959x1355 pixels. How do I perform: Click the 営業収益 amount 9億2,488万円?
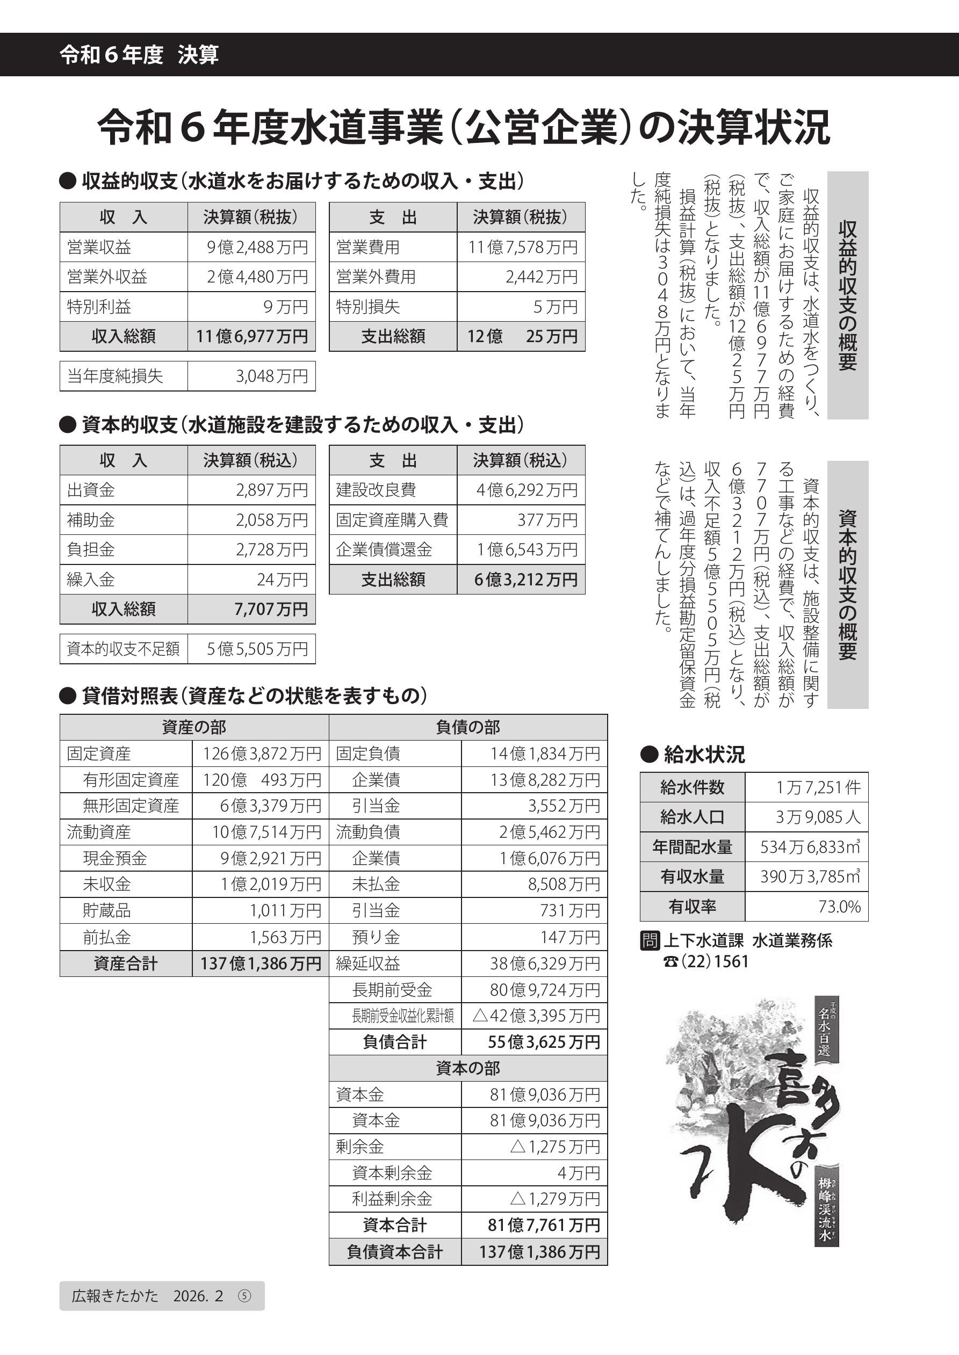(257, 247)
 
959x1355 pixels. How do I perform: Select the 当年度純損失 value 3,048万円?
(272, 376)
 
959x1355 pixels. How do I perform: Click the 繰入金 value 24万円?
(282, 579)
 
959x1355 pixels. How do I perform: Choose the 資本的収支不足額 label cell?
(124, 649)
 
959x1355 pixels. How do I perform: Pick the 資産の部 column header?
(194, 727)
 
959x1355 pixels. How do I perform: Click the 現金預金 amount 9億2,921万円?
(270, 858)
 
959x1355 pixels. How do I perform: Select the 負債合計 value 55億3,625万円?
(543, 1042)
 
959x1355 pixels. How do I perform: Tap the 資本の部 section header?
(468, 1068)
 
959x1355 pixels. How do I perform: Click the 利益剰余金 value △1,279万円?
(554, 1199)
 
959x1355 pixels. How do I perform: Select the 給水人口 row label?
(692, 817)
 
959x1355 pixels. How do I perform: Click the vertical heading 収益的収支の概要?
(847, 295)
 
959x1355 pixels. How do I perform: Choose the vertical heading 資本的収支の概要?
(847, 584)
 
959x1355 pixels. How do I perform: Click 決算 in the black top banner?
(198, 55)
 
